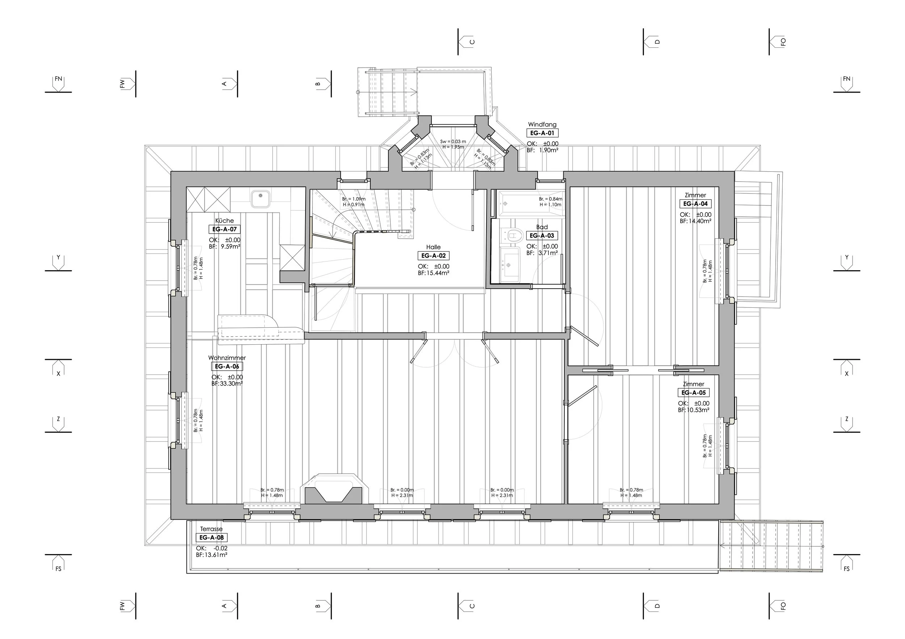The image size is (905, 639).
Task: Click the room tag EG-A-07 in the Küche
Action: (x=224, y=229)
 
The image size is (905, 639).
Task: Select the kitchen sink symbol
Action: (x=261, y=199)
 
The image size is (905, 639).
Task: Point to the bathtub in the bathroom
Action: (x=530, y=204)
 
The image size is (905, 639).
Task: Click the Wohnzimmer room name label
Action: (x=227, y=358)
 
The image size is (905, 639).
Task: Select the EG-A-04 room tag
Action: (x=695, y=204)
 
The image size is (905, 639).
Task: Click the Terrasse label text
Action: (x=211, y=529)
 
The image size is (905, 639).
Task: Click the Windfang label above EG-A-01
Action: (x=542, y=124)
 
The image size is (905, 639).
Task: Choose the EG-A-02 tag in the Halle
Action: (x=433, y=256)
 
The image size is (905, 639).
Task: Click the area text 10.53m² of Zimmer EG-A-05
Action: (x=697, y=410)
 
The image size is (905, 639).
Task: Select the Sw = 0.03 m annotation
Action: (x=453, y=141)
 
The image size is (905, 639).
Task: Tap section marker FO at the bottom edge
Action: (x=777, y=605)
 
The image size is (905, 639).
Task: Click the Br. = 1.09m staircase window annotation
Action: (x=354, y=199)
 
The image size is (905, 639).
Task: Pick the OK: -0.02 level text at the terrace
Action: (x=212, y=548)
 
